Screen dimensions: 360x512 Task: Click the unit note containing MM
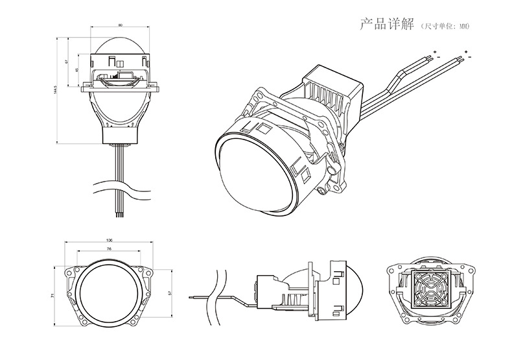coord(444,27)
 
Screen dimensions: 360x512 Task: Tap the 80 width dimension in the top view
coord(120,25)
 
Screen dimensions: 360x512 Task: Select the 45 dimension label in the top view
coord(77,69)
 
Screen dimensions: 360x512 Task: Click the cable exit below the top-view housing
coord(120,146)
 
